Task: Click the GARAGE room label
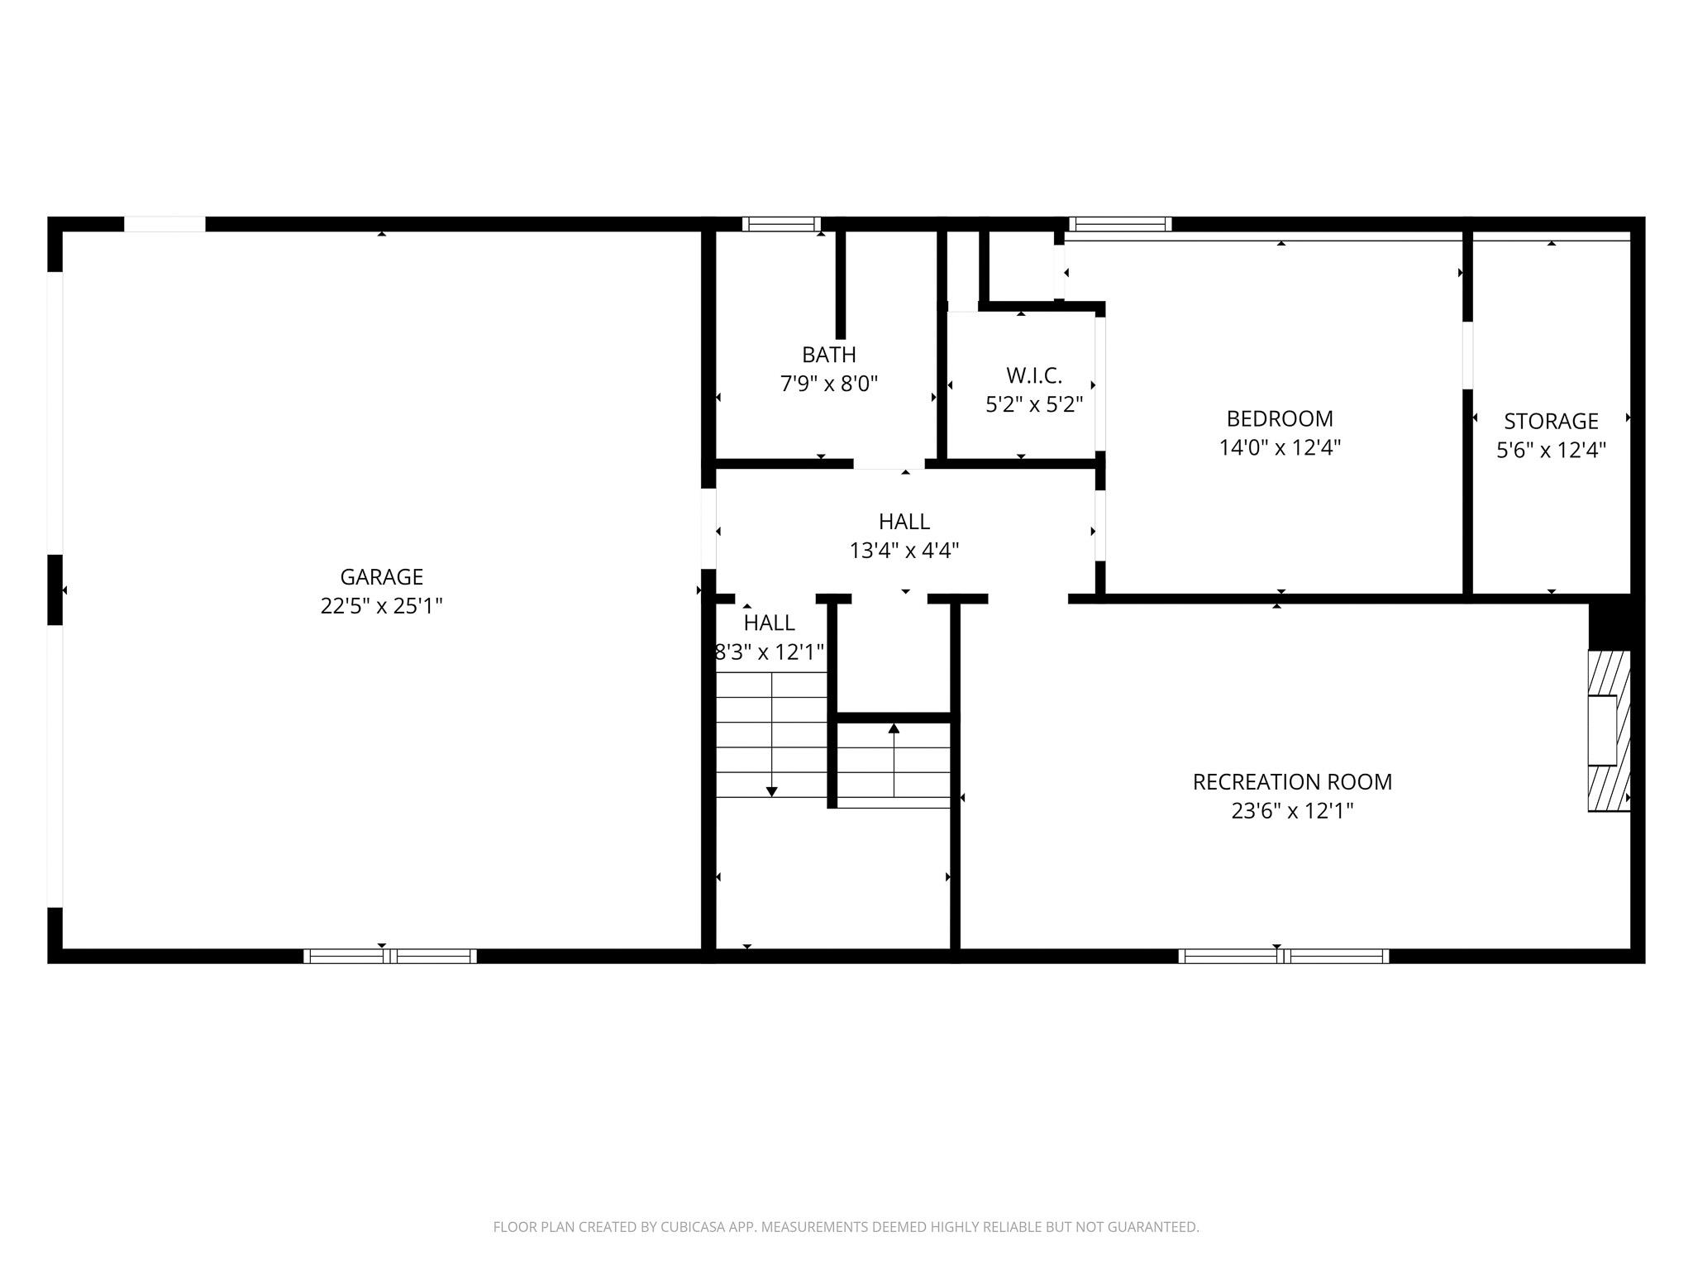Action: point(381,576)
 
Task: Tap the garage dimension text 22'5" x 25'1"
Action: point(381,606)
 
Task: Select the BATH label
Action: point(828,355)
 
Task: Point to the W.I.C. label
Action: point(1033,375)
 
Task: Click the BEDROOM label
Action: point(1279,418)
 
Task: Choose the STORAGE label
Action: point(1550,421)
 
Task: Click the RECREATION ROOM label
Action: point(1291,781)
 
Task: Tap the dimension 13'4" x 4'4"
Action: point(904,551)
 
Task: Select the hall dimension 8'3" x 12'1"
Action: point(770,652)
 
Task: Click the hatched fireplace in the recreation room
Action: point(1608,731)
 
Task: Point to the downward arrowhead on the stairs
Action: point(771,791)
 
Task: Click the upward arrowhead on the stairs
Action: point(893,728)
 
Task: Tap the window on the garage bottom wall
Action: point(390,957)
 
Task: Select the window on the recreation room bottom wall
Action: point(1283,957)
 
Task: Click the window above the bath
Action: point(781,224)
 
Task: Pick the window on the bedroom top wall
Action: point(1120,224)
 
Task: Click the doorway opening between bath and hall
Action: point(889,464)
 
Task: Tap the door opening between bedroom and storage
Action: point(1467,356)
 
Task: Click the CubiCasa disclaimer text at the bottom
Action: point(846,1227)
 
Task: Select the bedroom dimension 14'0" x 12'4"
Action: point(1279,448)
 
